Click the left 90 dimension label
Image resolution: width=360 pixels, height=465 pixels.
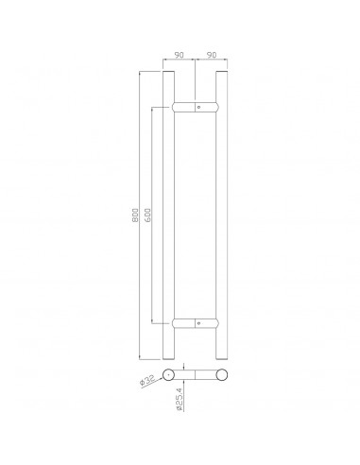[x=179, y=55]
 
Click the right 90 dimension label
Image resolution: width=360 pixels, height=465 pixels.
[x=212, y=55]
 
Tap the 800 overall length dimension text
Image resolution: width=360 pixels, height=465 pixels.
[x=135, y=215]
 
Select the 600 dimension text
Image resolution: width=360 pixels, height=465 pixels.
[x=147, y=215]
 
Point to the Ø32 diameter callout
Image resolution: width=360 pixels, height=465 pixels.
[x=147, y=380]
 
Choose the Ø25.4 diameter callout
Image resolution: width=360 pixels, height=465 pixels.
[x=180, y=399]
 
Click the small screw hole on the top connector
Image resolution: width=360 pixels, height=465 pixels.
[x=198, y=108]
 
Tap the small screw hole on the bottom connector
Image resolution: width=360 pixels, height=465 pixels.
[x=198, y=323]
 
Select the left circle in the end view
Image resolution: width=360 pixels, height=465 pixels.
[x=168, y=374]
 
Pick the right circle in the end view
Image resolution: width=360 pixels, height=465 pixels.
[x=221, y=374]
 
